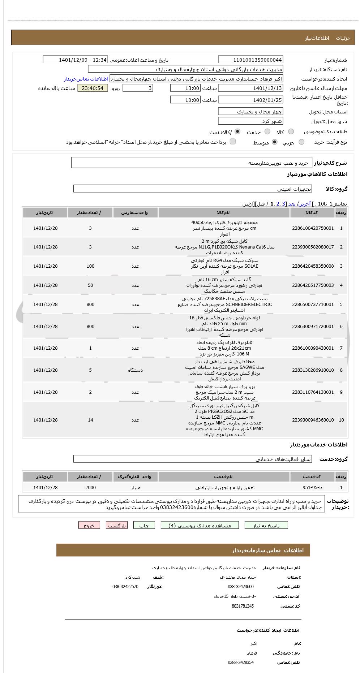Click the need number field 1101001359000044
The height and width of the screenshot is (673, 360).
point(250,60)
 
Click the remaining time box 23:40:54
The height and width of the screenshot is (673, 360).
point(93,88)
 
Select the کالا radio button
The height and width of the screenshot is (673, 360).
point(291,132)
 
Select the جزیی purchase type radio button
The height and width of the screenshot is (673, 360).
point(301,142)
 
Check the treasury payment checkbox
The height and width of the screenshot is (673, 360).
point(233,142)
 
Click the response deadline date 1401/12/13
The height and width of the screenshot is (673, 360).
point(250,88)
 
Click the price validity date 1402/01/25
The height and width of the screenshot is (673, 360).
point(250,100)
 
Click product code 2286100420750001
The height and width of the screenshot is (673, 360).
point(313,228)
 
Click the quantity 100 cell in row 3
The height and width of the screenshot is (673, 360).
point(90,266)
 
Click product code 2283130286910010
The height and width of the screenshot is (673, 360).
point(313,370)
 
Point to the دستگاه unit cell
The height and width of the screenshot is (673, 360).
point(135,370)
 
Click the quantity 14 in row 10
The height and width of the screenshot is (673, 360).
point(90,420)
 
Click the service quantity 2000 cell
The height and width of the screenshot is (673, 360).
point(90,488)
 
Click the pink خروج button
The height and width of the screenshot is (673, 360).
point(89,526)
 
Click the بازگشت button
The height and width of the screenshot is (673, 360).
point(116,526)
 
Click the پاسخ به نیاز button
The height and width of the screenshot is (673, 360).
point(266,526)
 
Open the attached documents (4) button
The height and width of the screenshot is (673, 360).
point(200,526)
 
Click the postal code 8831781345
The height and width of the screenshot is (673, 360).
point(243,606)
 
